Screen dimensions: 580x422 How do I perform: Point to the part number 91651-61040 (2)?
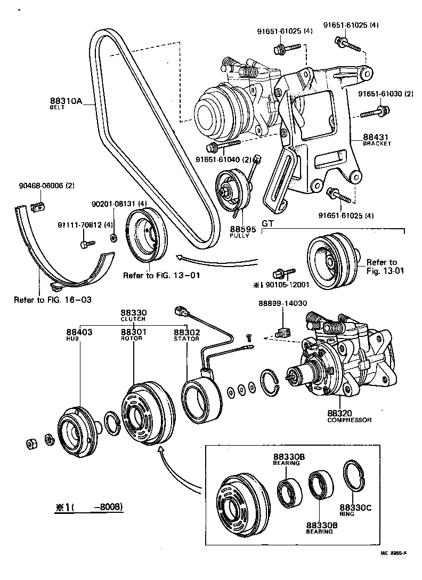230,159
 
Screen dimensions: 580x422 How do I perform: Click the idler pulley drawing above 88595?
233,190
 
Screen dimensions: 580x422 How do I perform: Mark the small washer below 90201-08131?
113,236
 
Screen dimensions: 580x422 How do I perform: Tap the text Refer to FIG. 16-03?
52,300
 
